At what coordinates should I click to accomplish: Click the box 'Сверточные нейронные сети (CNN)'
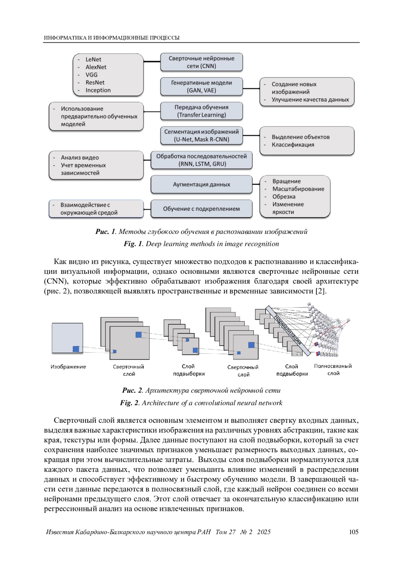point(201,62)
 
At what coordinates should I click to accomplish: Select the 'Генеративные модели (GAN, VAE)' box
point(201,87)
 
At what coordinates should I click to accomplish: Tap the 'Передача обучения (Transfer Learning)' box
point(201,111)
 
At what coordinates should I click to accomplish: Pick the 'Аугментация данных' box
point(201,184)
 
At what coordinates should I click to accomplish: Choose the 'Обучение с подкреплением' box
point(201,209)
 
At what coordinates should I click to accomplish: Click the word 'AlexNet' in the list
point(96,67)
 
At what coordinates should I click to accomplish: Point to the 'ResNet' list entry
point(95,83)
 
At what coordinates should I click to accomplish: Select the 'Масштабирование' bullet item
point(298,189)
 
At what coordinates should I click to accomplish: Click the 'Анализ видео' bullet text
point(80,158)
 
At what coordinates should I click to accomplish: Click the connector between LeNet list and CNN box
point(152,62)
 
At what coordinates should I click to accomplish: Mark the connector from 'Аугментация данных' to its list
point(256,184)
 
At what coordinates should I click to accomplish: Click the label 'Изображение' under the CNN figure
point(68,367)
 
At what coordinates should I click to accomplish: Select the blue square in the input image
point(76,349)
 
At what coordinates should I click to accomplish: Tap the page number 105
point(354,532)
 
